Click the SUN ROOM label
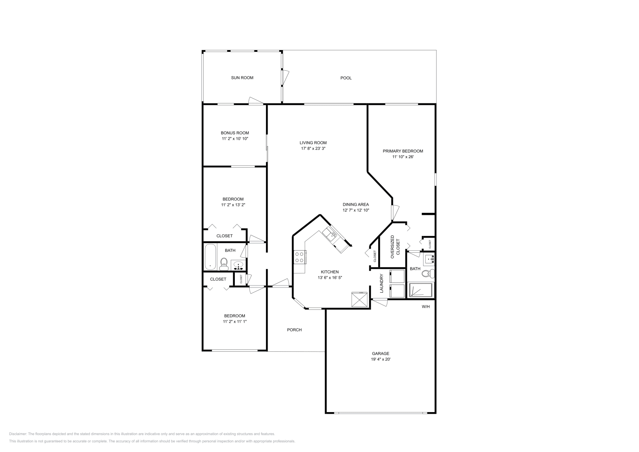point(242,78)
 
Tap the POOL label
point(346,78)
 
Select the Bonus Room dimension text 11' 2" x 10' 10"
point(235,139)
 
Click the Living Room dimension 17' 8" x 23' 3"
point(313,148)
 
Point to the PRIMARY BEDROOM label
point(403,151)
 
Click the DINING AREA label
point(355,204)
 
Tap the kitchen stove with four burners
point(300,257)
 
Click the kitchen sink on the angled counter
point(331,235)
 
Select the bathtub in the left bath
point(210,257)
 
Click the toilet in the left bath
point(224,263)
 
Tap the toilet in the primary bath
point(428,274)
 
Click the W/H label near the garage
point(426,307)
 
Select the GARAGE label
point(380,353)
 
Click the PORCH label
point(294,330)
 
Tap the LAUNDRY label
point(381,283)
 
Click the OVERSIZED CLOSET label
point(395,247)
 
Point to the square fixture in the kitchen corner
point(359,299)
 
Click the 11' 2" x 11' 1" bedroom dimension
point(235,321)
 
